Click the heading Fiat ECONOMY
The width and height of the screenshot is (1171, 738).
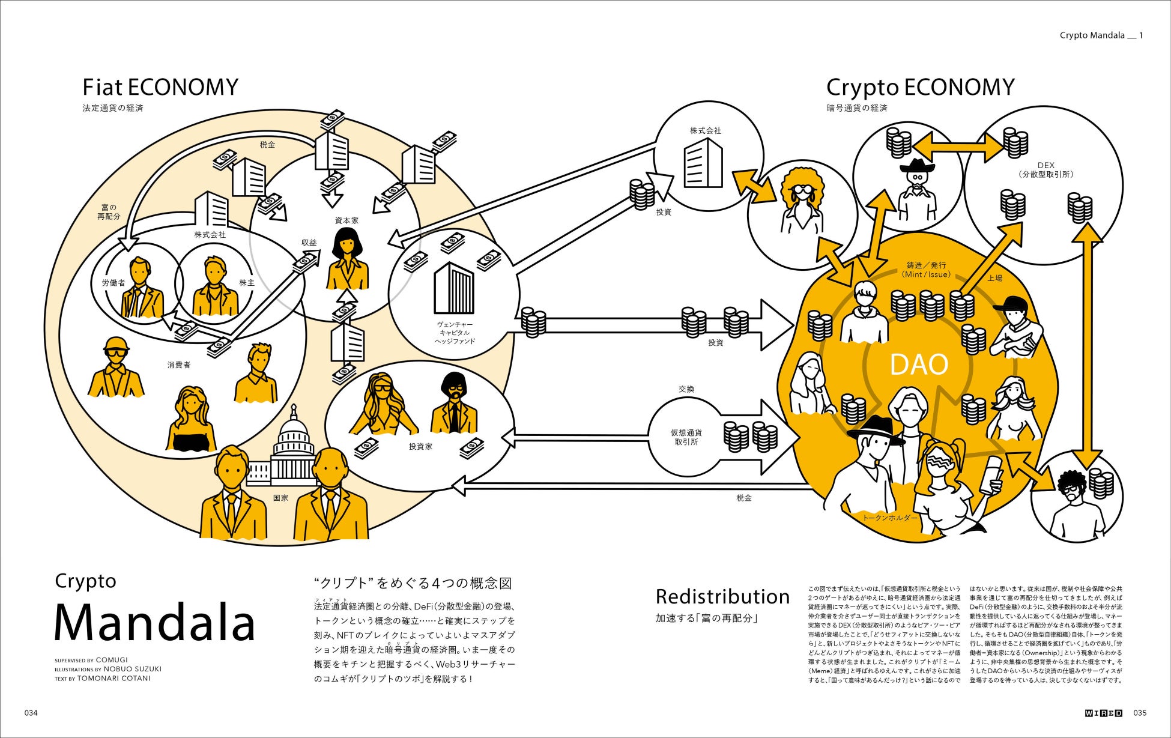160,88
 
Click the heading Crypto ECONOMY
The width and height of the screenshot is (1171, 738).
920,88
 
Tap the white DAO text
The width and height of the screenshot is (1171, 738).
918,364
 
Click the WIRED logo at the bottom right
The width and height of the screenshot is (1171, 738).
1104,713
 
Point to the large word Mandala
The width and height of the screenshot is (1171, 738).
155,623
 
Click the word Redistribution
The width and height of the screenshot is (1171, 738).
722,597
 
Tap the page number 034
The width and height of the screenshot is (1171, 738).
31,713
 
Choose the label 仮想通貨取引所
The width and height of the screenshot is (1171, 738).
686,437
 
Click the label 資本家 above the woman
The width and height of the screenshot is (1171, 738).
346,220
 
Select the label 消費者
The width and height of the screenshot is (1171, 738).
179,364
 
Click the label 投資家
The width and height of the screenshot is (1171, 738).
420,447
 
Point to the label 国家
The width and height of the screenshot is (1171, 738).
280,498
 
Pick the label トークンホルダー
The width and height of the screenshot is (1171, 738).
889,518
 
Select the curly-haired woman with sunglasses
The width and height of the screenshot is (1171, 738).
801,198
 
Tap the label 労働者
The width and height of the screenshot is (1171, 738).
113,282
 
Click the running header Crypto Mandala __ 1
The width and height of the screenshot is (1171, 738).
1101,35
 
